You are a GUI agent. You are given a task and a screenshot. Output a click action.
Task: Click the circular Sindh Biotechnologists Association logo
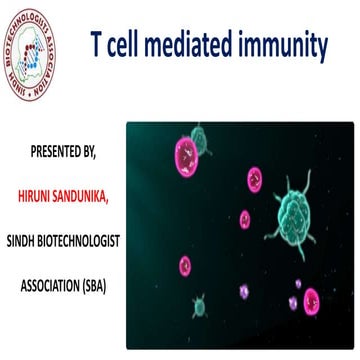pos(43,46)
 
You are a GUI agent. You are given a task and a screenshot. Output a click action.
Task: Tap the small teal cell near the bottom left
pos(200,300)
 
